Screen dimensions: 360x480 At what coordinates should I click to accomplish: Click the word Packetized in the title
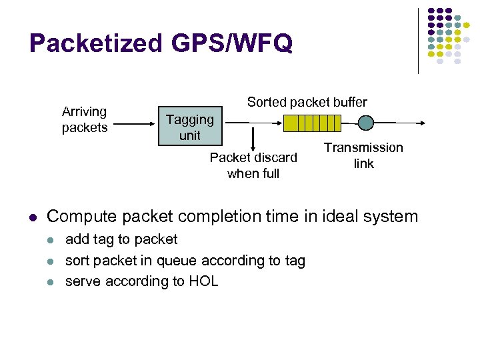tap(94, 44)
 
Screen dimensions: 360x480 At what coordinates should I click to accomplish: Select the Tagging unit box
tap(189, 127)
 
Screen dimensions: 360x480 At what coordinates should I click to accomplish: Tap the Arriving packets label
tap(84, 119)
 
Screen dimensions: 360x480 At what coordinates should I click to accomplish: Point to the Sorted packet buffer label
tap(307, 102)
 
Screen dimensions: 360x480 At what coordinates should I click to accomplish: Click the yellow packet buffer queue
tap(311, 123)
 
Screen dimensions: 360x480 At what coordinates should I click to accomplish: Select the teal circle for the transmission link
tap(365, 123)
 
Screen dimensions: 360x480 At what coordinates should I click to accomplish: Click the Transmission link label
tap(363, 155)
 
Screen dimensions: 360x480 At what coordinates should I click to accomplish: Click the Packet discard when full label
tap(253, 165)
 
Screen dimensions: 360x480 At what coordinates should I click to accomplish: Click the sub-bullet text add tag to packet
tap(121, 239)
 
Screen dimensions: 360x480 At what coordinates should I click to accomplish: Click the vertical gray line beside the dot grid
tap(419, 40)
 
